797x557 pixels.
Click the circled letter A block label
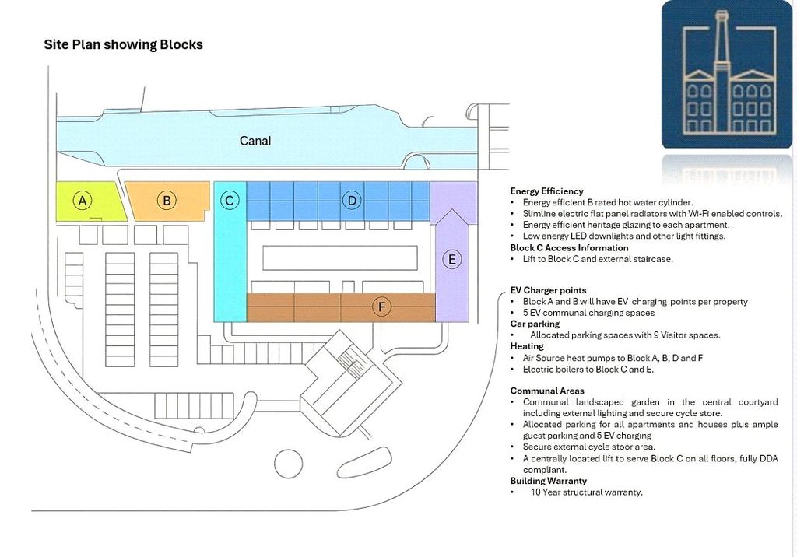click(x=83, y=200)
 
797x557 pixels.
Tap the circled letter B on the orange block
click(x=167, y=200)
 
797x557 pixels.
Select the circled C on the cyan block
click(x=230, y=200)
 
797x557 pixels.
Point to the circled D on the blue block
click(x=352, y=200)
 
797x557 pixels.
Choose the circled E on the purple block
click(x=451, y=260)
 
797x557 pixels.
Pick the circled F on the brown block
click(x=381, y=307)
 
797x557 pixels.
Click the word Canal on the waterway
click(x=255, y=141)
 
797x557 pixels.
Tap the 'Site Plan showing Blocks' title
click(x=124, y=44)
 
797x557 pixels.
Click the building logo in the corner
click(x=726, y=75)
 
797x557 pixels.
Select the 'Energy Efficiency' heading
click(x=546, y=191)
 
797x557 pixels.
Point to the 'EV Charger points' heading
click(x=548, y=290)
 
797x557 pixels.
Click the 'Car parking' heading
click(x=535, y=324)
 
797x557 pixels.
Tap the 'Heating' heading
click(x=527, y=346)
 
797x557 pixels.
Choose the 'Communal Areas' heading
click(x=547, y=391)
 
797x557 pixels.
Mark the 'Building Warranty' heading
click(x=549, y=481)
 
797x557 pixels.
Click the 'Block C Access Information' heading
click(x=569, y=248)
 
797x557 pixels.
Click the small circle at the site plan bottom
click(x=288, y=464)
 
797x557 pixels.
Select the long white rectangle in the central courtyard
click(x=340, y=257)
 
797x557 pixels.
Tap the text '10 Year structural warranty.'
click(x=587, y=492)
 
